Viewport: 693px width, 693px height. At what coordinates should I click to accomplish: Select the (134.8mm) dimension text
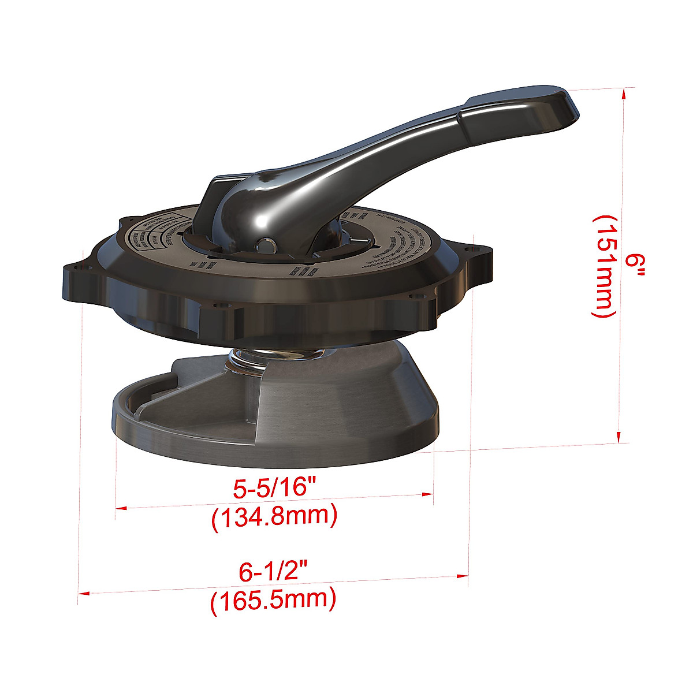point(274,516)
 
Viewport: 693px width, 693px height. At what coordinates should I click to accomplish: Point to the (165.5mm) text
point(273,601)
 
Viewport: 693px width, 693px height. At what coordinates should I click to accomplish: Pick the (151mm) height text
point(603,266)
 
